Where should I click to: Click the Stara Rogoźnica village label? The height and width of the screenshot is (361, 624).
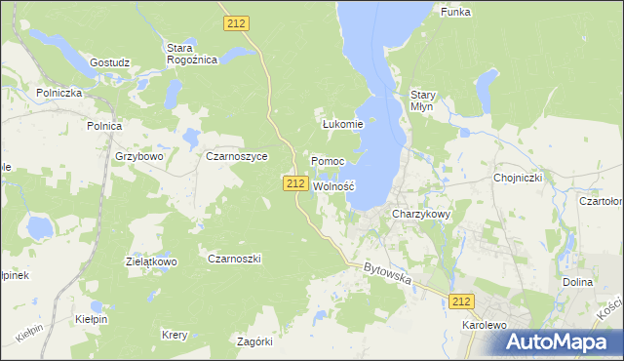click(x=191, y=53)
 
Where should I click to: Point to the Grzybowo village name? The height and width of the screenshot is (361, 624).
click(x=138, y=155)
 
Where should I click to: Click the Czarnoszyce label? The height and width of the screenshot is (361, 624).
click(x=236, y=155)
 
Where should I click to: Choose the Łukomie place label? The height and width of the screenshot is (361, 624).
click(x=342, y=124)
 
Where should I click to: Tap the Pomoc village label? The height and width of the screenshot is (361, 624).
click(x=327, y=160)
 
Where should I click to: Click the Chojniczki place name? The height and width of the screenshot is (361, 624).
click(x=518, y=178)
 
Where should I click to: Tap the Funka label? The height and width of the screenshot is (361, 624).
click(x=455, y=12)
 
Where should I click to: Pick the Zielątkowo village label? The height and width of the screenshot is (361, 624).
click(x=151, y=262)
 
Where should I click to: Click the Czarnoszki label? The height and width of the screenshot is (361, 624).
click(x=234, y=259)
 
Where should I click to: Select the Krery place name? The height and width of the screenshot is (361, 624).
click(x=175, y=335)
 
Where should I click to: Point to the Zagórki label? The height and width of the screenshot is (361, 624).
click(x=255, y=341)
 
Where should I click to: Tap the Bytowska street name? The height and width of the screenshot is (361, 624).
click(x=387, y=273)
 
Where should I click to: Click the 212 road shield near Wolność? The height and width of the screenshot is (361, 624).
click(x=296, y=183)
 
